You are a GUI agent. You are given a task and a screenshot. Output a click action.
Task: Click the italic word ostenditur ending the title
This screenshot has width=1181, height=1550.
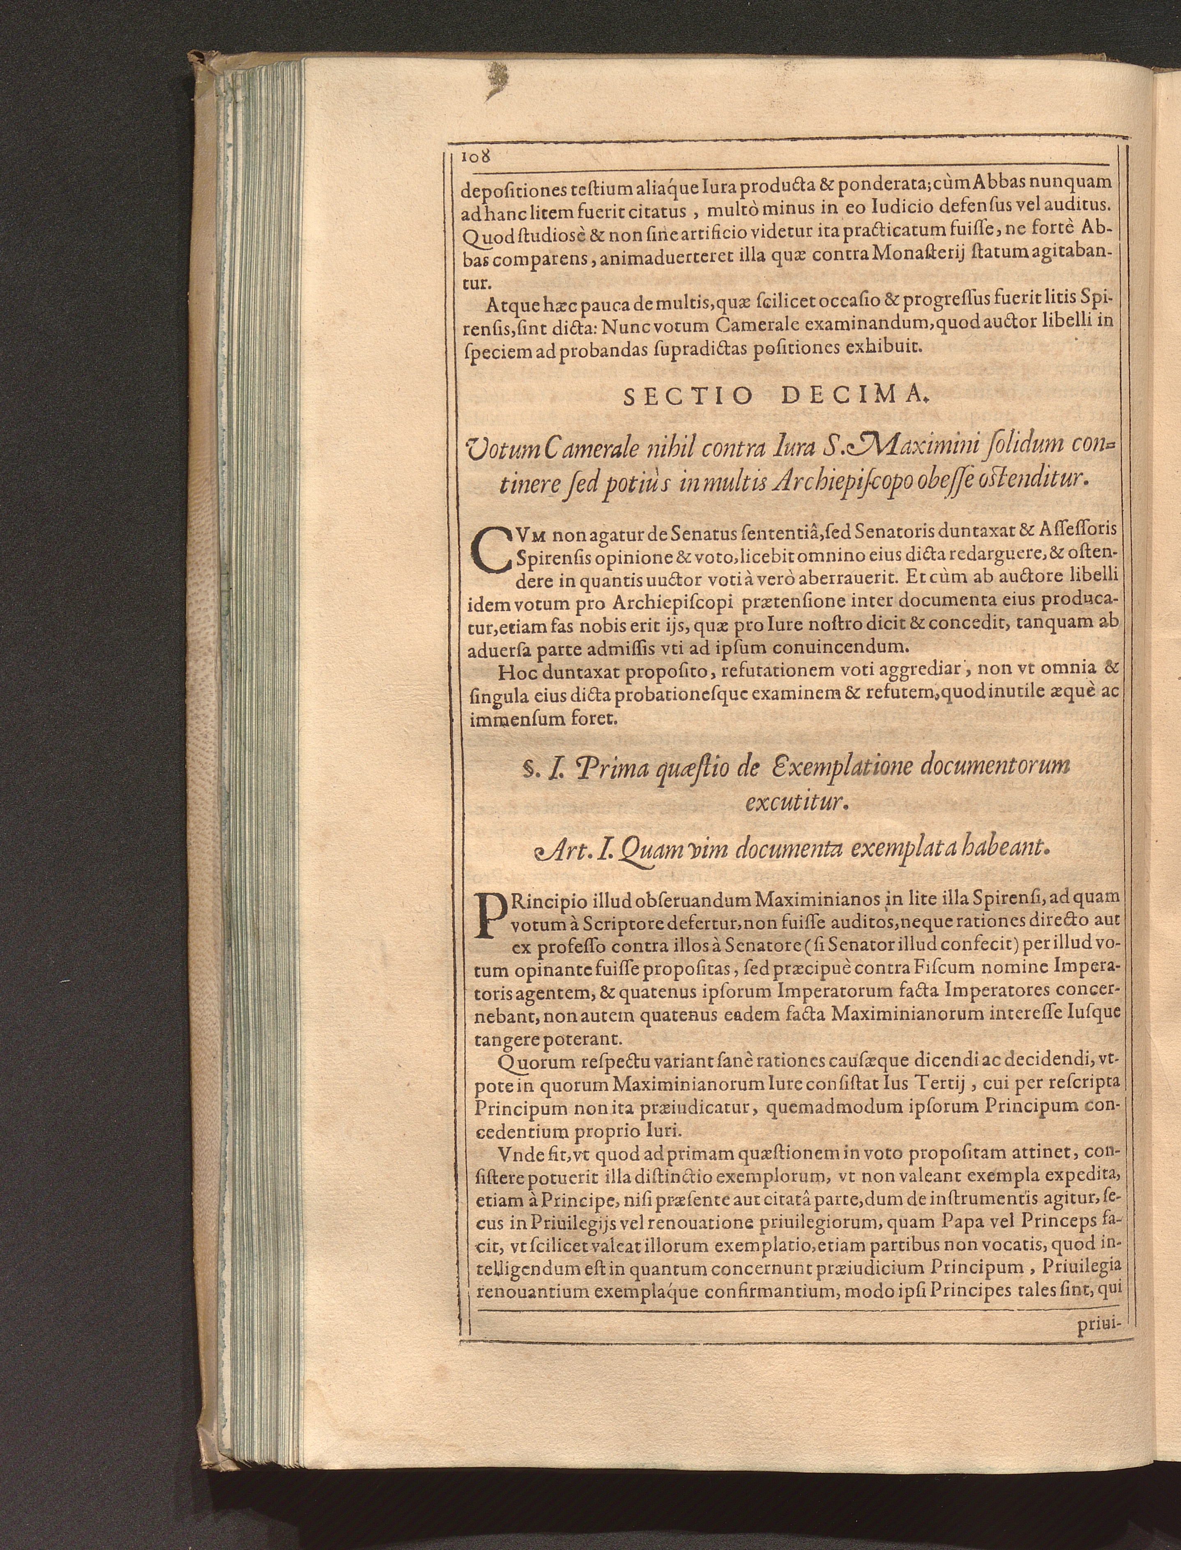[x=1029, y=481]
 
